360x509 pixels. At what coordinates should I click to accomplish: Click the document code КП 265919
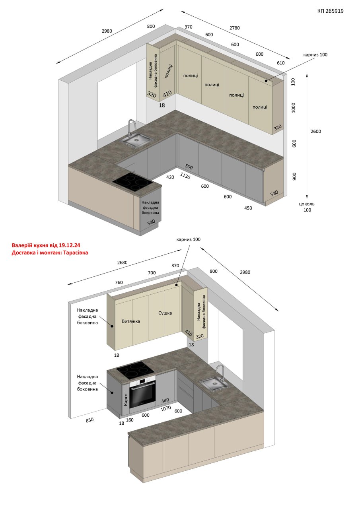click(330, 11)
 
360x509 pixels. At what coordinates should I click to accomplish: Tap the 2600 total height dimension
click(316, 131)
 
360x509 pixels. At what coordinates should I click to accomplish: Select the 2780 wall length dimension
click(235, 28)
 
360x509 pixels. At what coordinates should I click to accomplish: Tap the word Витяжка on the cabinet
click(131, 321)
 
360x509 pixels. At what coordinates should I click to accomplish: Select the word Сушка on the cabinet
click(165, 313)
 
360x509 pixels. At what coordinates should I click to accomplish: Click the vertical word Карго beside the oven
click(126, 400)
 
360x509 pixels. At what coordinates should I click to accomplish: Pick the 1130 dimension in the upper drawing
click(185, 175)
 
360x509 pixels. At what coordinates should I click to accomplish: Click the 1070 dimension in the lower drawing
click(166, 408)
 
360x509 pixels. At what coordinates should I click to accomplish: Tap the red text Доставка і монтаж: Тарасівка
click(50, 253)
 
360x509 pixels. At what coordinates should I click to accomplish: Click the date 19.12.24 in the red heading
click(70, 245)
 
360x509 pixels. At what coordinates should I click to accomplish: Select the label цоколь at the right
click(307, 204)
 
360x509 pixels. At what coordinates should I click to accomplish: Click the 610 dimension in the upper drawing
click(281, 63)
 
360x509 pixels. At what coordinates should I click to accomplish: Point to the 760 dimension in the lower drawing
click(119, 282)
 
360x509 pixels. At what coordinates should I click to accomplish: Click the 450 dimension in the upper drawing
click(248, 208)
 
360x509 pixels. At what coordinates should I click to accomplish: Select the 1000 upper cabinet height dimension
click(294, 108)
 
